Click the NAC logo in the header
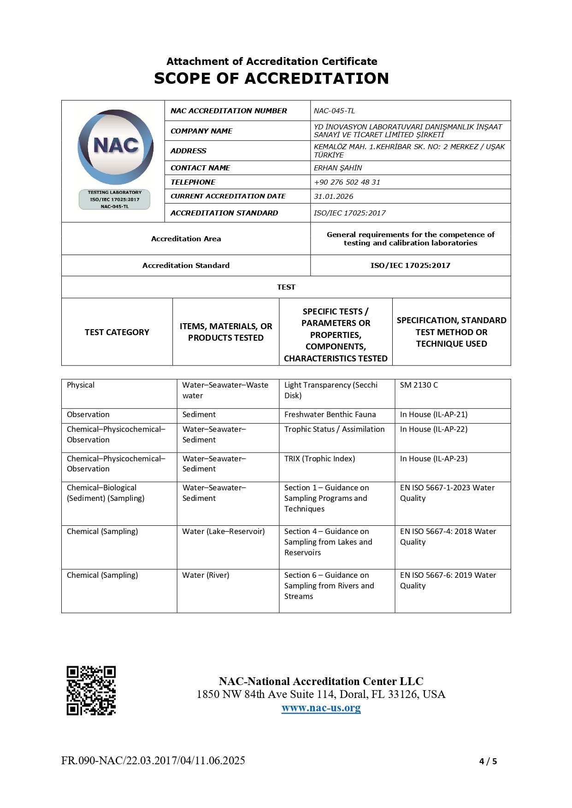[x=115, y=146]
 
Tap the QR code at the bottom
[x=91, y=690]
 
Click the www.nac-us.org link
[x=321, y=708]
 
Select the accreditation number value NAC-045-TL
[x=334, y=111]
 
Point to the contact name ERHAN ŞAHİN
[x=338, y=168]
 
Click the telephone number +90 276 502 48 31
[x=347, y=182]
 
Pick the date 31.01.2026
[x=333, y=197]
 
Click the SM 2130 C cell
[x=419, y=385]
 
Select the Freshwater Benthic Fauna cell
[x=330, y=415]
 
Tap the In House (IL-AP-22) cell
[x=433, y=430]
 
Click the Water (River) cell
[x=206, y=575]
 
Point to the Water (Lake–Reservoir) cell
[x=223, y=532]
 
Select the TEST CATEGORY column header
[x=117, y=332]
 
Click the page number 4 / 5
[x=488, y=761]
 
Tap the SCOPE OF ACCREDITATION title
[x=271, y=79]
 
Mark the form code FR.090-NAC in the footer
[x=153, y=761]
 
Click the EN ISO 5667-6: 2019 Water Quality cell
[x=448, y=581]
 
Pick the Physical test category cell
[x=81, y=385]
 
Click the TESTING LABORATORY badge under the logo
[x=115, y=199]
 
